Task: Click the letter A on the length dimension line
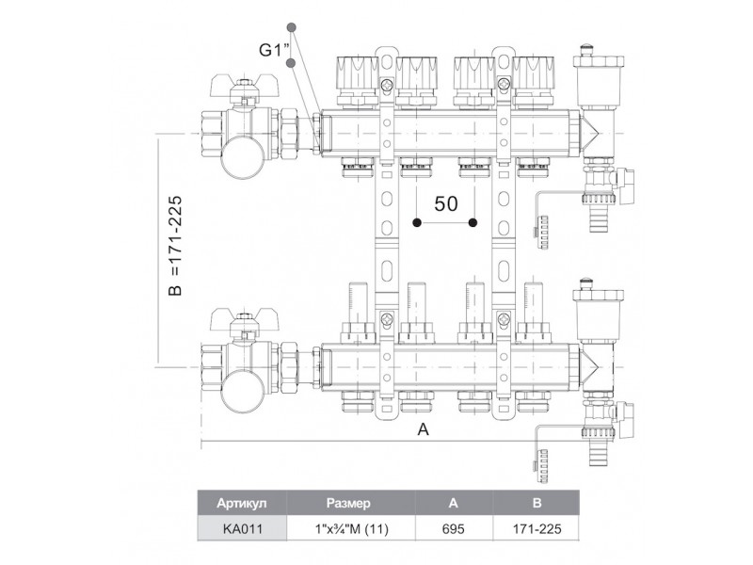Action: coord(423,429)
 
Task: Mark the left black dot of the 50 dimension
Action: coord(417,223)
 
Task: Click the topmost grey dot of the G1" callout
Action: coord(293,26)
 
